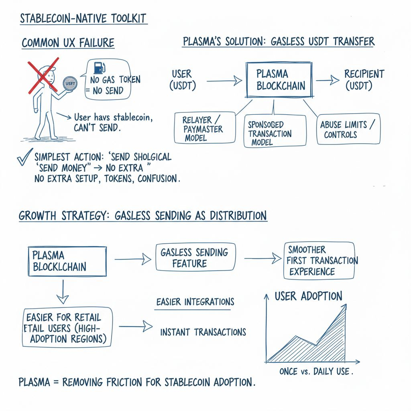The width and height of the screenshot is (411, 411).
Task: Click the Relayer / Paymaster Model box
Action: tap(205, 128)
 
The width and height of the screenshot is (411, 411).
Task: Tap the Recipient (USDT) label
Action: tap(364, 79)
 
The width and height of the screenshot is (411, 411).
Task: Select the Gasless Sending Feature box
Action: tap(195, 258)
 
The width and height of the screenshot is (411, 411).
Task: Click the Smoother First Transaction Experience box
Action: tap(319, 260)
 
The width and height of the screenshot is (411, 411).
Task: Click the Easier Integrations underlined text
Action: tap(195, 302)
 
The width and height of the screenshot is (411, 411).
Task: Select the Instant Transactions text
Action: tap(203, 332)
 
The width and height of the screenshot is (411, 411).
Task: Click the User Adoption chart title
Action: tap(308, 296)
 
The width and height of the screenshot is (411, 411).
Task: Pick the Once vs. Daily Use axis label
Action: tap(316, 371)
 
